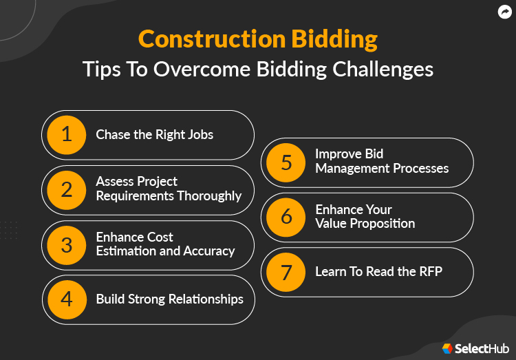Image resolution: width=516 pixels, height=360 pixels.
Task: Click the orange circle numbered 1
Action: (x=67, y=134)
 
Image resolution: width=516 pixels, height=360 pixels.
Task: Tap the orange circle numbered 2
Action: (x=67, y=189)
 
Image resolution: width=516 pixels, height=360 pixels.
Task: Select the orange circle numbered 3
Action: (x=67, y=244)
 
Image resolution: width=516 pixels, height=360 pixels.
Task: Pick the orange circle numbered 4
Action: (x=67, y=299)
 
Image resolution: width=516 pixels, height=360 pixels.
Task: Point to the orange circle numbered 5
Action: (x=286, y=162)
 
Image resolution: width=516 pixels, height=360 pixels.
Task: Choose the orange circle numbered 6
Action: (x=286, y=217)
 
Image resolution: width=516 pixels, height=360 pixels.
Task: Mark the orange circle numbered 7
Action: (x=286, y=272)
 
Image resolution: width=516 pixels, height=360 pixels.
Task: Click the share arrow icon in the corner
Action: (x=504, y=12)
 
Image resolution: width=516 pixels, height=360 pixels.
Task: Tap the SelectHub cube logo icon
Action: (x=447, y=349)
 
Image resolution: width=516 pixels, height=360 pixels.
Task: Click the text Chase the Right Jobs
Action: (x=155, y=134)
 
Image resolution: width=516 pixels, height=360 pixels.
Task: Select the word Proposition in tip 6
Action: (x=380, y=224)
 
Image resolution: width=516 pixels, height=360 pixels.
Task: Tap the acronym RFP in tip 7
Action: (x=429, y=272)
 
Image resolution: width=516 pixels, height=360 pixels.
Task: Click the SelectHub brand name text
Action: (x=481, y=349)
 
